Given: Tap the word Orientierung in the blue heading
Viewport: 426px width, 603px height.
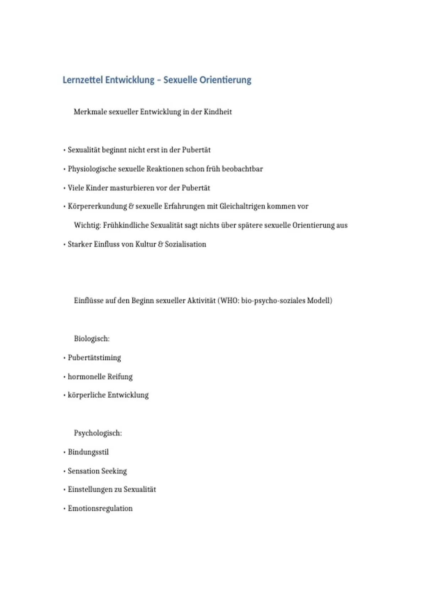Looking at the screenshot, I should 225,80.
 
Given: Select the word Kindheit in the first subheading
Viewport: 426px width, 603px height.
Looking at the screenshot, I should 218,112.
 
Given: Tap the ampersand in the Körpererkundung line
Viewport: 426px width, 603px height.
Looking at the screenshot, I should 131,206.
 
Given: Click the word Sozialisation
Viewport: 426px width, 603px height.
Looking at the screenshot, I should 185,244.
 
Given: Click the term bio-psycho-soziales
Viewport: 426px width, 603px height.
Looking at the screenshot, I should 273,300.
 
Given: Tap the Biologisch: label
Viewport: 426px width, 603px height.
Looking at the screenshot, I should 92,339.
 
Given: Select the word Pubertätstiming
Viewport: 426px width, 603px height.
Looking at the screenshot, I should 94,358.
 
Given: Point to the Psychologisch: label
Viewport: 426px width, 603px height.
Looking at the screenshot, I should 98,433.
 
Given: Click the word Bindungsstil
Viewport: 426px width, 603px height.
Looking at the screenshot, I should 88,452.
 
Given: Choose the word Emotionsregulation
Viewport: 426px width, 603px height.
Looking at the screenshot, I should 100,508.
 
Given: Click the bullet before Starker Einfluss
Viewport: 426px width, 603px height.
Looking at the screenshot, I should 64,244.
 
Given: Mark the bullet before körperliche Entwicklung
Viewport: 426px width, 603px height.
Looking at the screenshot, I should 64,395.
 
